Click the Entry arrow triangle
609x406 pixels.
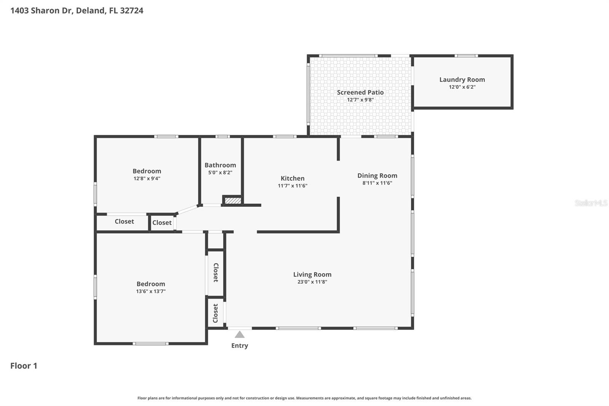239,335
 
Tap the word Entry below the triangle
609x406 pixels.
239,345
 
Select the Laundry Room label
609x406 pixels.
462,80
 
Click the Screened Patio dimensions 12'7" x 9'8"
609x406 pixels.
360,100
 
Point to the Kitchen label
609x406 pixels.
292,178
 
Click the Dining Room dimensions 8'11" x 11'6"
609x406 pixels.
377,183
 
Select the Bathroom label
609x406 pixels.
220,165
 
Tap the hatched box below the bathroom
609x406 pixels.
233,200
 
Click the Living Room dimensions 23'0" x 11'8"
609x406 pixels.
312,282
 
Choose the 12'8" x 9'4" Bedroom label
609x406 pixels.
147,171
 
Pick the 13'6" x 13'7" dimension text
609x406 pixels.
151,291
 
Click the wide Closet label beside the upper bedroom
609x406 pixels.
124,221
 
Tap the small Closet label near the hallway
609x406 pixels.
162,222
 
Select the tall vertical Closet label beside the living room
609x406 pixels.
215,272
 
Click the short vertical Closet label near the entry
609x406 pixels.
215,313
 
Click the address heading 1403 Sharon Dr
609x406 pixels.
77,10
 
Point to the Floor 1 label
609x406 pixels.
24,366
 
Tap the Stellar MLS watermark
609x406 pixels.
591,203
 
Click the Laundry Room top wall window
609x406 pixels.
466,56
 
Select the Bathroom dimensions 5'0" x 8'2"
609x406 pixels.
220,173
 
